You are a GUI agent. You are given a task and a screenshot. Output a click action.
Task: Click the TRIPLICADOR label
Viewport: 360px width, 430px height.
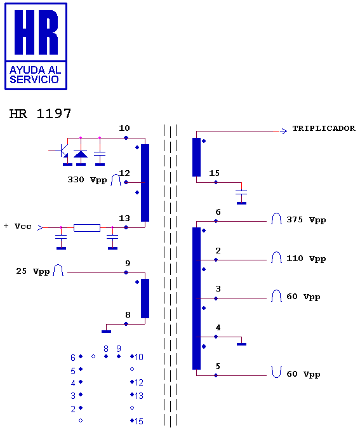324,128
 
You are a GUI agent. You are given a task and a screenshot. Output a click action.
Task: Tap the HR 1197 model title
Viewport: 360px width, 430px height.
40,114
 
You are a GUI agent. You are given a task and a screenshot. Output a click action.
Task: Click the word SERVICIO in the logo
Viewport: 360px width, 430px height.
34,79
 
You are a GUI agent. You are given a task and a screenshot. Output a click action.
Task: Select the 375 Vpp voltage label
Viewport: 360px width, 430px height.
306,220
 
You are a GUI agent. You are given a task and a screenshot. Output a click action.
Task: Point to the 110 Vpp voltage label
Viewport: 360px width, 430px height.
306,259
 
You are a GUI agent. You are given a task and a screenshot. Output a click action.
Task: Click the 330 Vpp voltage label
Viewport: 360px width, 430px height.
87,180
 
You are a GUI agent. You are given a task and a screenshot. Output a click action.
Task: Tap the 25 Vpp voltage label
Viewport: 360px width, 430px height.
32,271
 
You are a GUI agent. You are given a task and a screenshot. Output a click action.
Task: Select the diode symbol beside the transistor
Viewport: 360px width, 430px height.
81,154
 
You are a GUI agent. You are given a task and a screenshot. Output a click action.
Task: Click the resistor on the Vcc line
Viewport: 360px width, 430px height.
87,228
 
